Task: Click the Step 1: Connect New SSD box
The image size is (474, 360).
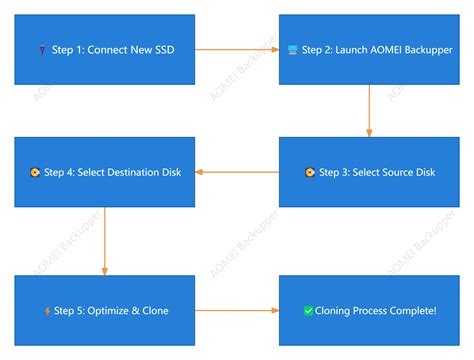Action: (103, 49)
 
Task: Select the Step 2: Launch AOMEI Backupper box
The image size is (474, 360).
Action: (369, 49)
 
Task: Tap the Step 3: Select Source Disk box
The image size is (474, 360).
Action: (369, 172)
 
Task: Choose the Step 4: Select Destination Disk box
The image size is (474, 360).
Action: (103, 172)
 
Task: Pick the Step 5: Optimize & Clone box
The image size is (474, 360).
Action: (103, 310)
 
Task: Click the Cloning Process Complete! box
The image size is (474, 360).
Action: (369, 310)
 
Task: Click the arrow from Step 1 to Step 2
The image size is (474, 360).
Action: (235, 49)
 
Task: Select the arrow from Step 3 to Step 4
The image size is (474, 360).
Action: (235, 172)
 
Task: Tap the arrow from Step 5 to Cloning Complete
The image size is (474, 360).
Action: (235, 310)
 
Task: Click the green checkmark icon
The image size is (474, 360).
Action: (308, 311)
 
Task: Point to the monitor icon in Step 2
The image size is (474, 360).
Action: (292, 49)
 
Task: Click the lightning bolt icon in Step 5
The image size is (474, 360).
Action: (47, 311)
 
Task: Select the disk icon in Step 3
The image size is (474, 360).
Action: (308, 172)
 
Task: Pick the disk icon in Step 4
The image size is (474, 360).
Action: (36, 172)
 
